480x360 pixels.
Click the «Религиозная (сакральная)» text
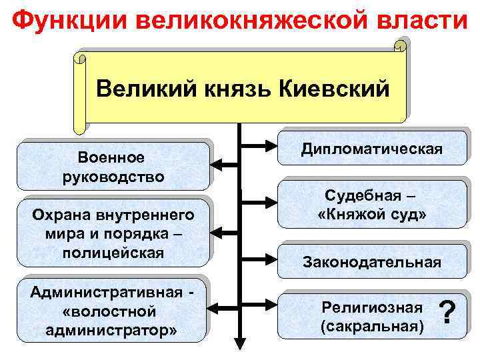tap(371, 317)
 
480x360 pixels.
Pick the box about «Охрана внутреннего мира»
tap(111, 234)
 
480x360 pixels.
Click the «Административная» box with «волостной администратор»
tap(111, 311)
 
